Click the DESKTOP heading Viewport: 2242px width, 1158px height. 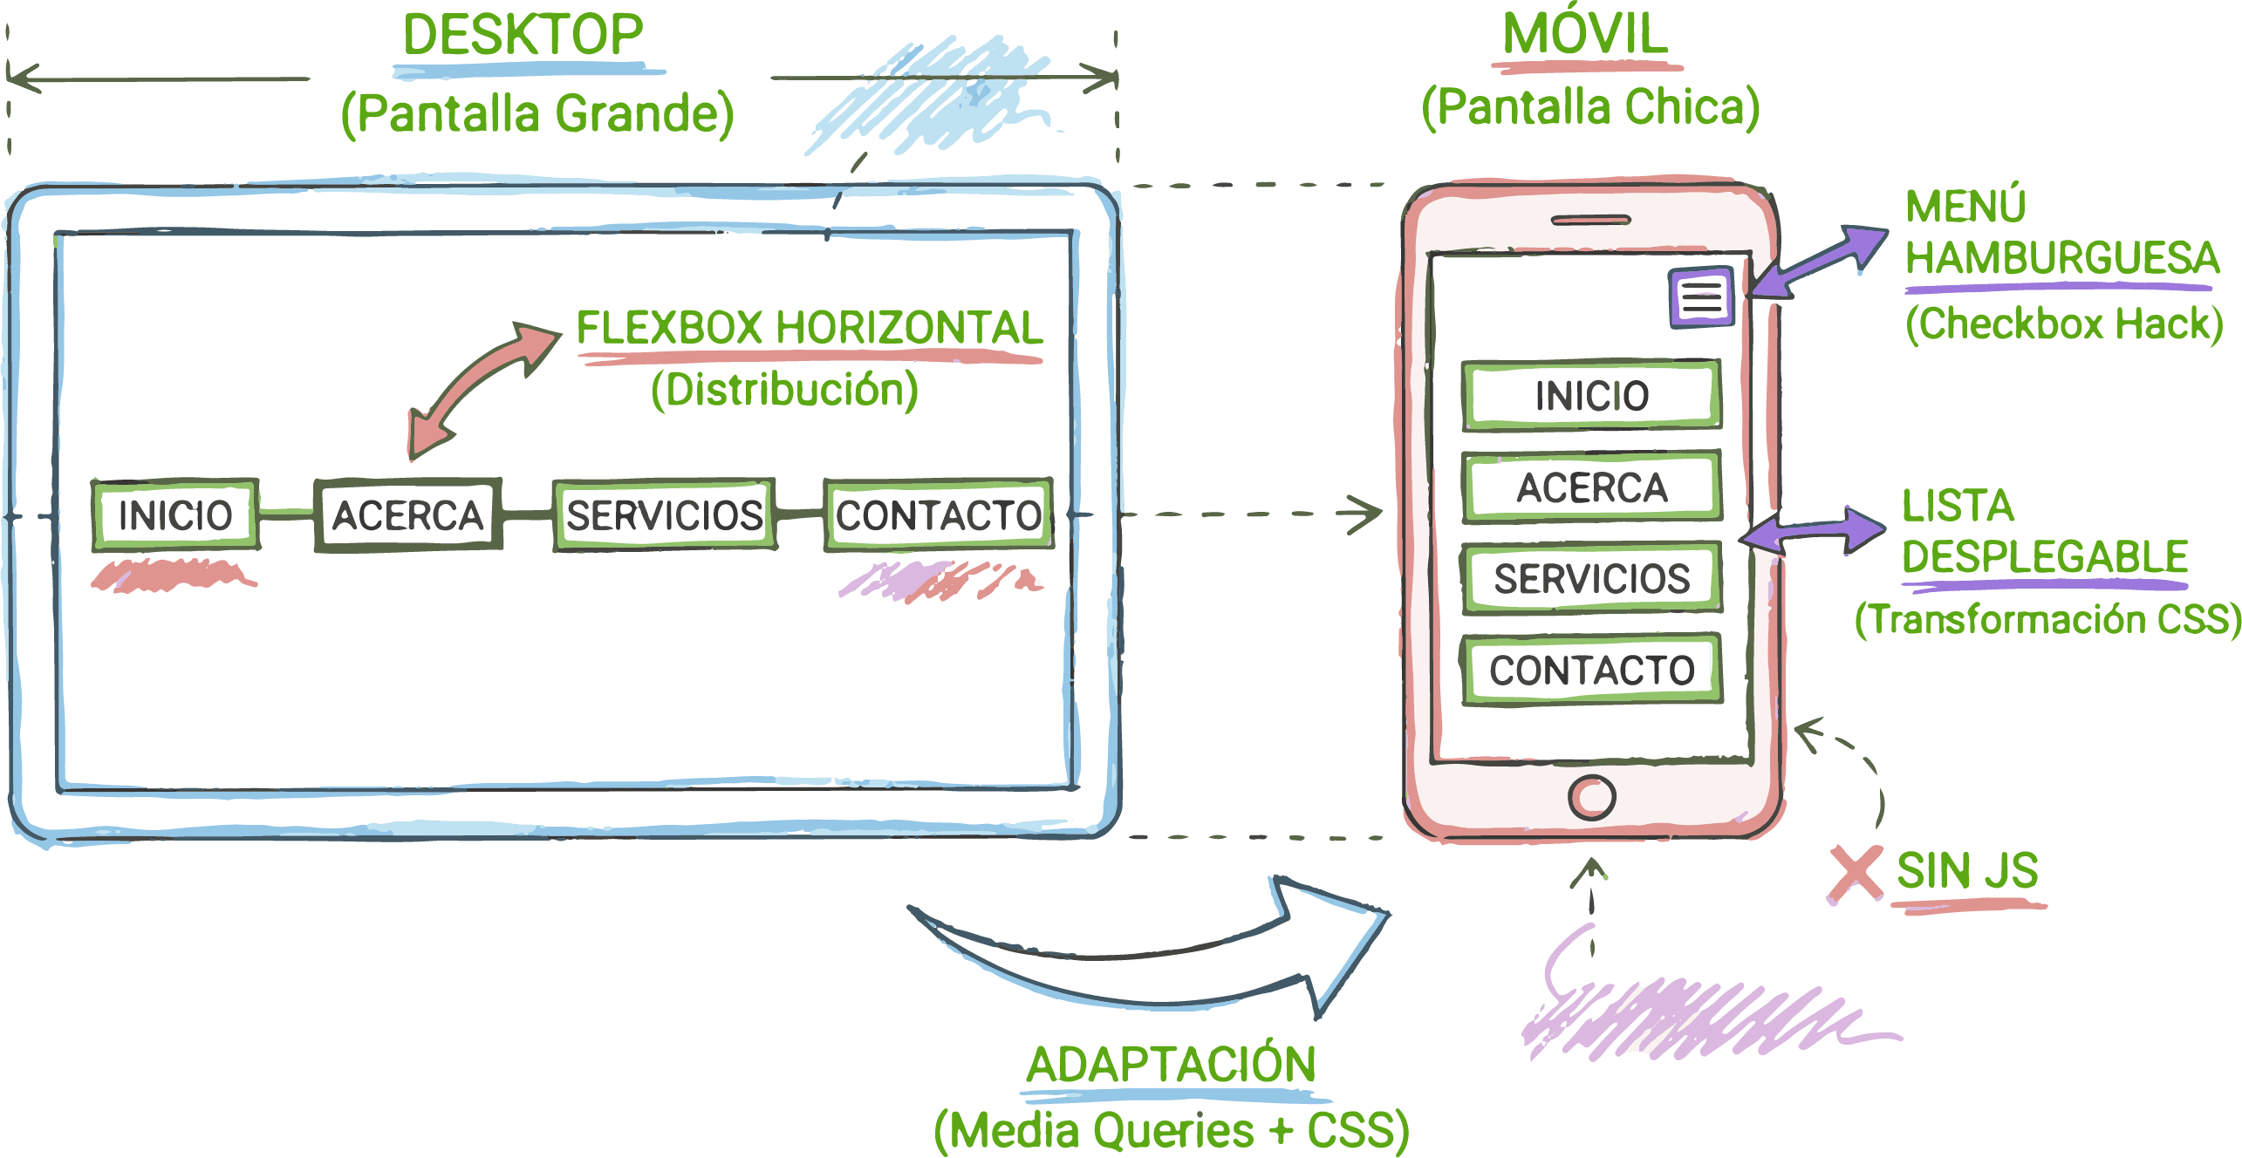[523, 36]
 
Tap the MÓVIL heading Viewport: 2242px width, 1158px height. [1584, 35]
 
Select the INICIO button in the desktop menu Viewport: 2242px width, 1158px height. [175, 514]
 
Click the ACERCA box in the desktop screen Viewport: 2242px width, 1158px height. [407, 514]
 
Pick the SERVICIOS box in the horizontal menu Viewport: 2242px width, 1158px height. [665, 514]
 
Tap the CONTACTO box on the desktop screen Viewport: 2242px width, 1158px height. [938, 514]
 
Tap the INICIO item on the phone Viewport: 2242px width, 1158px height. [1591, 396]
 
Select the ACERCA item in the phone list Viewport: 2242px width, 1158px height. [1591, 487]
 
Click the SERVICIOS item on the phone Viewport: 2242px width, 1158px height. [1591, 578]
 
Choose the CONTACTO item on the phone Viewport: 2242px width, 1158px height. [1591, 670]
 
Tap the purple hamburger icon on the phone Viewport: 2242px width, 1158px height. [1700, 297]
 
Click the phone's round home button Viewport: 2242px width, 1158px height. [1591, 796]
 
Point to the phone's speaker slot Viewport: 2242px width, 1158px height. [1589, 220]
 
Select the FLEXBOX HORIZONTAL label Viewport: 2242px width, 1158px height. [809, 329]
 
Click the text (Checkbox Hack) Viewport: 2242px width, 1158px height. [2063, 324]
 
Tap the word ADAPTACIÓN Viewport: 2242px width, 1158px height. [1170, 1065]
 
